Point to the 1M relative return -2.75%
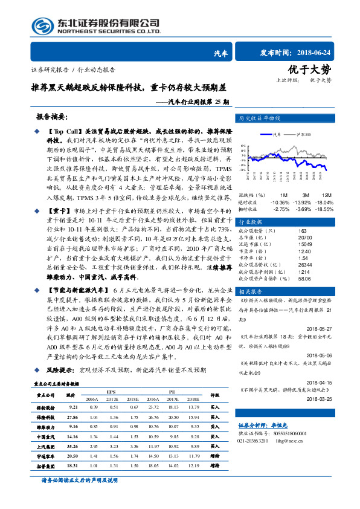tap(281, 209)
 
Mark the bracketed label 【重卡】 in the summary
tap(57, 212)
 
